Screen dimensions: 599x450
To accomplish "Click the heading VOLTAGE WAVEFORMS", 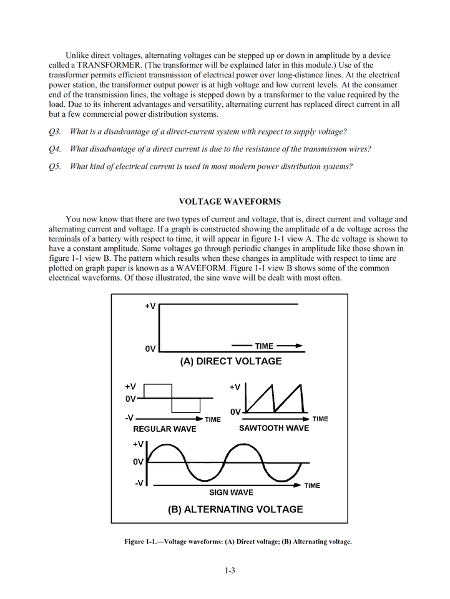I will (x=230, y=202).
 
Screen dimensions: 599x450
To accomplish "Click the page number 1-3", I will (x=230, y=570).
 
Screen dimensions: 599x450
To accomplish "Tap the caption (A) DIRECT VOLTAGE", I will (x=230, y=361).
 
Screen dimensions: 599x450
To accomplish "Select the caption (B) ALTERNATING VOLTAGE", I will (x=235, y=509).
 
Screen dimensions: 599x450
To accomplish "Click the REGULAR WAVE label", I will (x=165, y=429).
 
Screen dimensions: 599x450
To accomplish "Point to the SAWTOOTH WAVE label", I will (x=274, y=429).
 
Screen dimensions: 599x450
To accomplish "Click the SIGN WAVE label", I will (x=231, y=492).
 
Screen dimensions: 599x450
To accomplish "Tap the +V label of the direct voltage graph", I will (x=150, y=306).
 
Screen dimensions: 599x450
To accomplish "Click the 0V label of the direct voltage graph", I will (x=150, y=349).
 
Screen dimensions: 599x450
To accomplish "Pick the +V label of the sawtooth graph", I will (x=235, y=387).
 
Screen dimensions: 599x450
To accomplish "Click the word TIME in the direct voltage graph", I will (x=264, y=346).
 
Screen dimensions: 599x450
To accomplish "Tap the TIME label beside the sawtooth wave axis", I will (x=320, y=419).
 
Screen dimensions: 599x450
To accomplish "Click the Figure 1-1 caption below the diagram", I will (x=238, y=542).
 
